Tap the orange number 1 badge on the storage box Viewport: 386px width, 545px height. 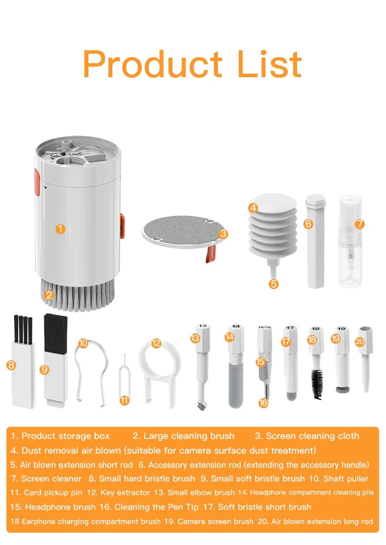coord(60,228)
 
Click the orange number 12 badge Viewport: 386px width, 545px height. coord(156,343)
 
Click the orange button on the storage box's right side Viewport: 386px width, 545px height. coord(122,226)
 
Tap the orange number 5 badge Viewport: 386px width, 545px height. coord(274,283)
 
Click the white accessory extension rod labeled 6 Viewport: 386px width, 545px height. coord(313,244)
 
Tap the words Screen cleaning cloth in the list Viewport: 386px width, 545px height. coord(312,436)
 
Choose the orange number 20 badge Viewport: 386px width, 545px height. coord(360,342)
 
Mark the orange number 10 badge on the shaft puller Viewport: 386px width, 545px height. coord(83,343)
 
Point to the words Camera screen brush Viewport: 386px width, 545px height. coord(215,522)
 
